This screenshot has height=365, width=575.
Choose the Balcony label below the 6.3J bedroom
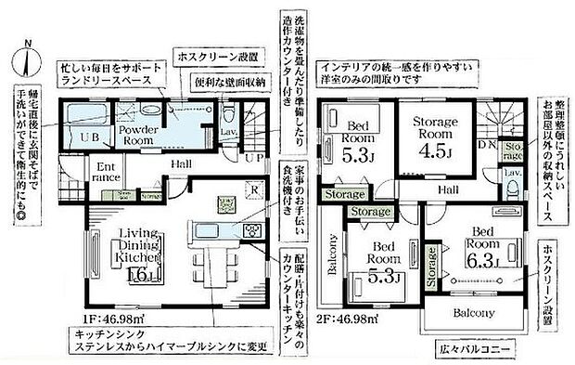(475, 313)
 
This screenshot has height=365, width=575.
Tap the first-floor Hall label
(182, 164)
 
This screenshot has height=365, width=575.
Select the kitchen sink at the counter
(209, 231)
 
